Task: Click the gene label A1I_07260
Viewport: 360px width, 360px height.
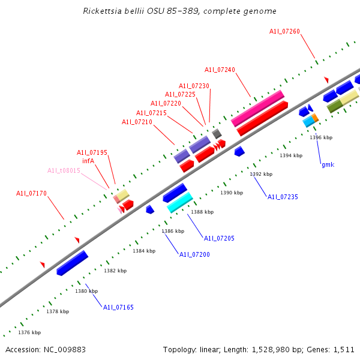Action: (x=284, y=31)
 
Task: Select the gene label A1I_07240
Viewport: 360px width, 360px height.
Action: (x=220, y=70)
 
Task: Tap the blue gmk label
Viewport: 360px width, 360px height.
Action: (x=328, y=164)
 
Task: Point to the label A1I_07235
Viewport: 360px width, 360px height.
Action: (x=283, y=197)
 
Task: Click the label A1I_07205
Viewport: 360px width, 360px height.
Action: (x=219, y=238)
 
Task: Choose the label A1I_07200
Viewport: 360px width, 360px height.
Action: (x=194, y=254)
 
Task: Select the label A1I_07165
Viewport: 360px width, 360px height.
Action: (x=118, y=307)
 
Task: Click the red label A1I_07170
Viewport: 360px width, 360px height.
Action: (x=31, y=193)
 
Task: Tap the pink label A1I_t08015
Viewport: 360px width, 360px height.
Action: (x=64, y=170)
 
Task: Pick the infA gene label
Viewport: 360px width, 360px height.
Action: (x=88, y=161)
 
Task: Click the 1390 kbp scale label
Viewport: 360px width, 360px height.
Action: (x=232, y=193)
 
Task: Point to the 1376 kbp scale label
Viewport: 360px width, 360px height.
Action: (x=29, y=332)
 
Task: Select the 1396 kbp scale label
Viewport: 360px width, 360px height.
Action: (x=321, y=137)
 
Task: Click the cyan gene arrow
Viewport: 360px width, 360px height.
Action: (x=179, y=202)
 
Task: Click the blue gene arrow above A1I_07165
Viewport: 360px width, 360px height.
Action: (x=73, y=263)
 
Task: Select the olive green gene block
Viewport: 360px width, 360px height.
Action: (x=335, y=106)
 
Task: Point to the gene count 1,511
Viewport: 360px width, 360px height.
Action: (x=343, y=349)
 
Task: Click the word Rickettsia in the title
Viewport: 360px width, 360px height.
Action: (x=101, y=11)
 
